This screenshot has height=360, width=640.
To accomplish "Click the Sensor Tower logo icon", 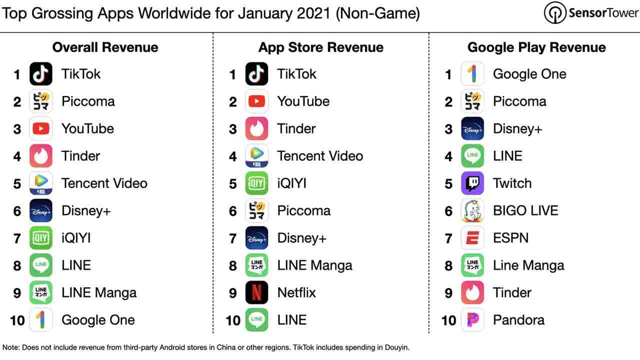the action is pyautogui.click(x=555, y=13).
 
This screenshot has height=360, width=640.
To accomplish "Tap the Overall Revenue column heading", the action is pyautogui.click(x=105, y=47).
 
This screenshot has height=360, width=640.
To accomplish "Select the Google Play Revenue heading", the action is pyautogui.click(x=536, y=47).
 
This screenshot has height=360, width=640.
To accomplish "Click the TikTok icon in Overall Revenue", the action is pyautogui.click(x=41, y=73).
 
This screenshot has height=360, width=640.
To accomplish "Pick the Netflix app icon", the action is pyautogui.click(x=256, y=292).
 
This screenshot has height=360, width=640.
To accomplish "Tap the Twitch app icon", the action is pyautogui.click(x=472, y=183).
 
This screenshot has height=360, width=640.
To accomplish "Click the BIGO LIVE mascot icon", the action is pyautogui.click(x=472, y=210).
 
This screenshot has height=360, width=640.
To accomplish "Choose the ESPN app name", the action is pyautogui.click(x=511, y=238).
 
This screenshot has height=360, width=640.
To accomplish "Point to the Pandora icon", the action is pyautogui.click(x=472, y=319).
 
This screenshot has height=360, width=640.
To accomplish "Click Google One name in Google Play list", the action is pyautogui.click(x=529, y=74).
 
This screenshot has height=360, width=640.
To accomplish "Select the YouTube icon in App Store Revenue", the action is pyautogui.click(x=256, y=101).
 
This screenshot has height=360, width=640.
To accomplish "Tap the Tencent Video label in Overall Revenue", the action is pyautogui.click(x=104, y=183).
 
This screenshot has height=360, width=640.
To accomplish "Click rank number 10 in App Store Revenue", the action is pyautogui.click(x=233, y=320).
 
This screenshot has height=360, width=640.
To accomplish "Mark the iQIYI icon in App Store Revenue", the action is pyautogui.click(x=256, y=183).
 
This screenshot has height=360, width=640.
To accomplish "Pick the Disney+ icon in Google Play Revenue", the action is pyautogui.click(x=472, y=128).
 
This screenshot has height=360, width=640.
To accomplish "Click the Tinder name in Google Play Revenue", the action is pyautogui.click(x=512, y=292).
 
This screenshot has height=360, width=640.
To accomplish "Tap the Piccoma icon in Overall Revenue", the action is pyautogui.click(x=41, y=101).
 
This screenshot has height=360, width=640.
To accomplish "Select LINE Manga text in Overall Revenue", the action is pyautogui.click(x=99, y=293).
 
